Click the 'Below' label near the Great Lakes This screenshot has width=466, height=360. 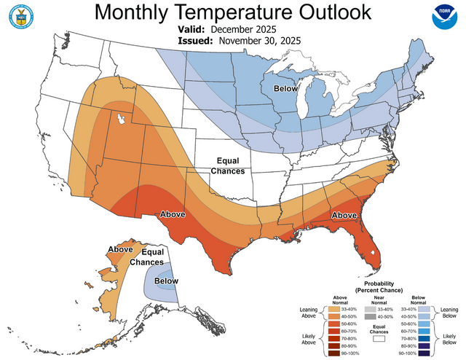coord(285,88)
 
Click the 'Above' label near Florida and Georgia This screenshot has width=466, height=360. coord(344,216)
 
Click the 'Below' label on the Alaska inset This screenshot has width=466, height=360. coord(166,281)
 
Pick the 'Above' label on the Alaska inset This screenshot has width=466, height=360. coord(120,249)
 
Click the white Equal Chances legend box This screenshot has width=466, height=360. coord(378,338)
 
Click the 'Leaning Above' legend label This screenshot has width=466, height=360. coord(308,313)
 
